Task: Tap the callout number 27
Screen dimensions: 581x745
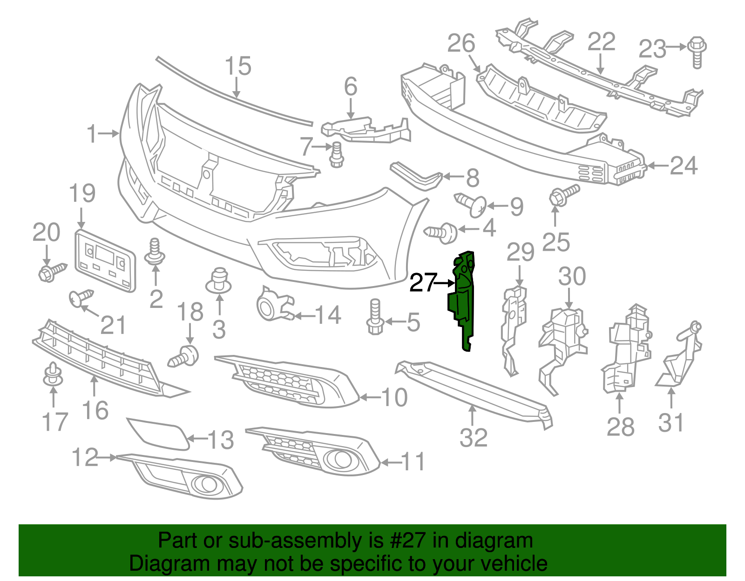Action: pos(423,283)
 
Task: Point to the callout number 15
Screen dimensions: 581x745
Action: pos(238,66)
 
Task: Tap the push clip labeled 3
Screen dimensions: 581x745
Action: pos(219,281)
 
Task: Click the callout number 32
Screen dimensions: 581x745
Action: pos(473,438)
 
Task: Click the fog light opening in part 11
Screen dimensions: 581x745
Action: pos(339,460)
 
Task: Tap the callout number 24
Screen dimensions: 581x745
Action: pos(684,166)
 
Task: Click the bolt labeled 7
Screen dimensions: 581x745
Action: pos(336,155)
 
